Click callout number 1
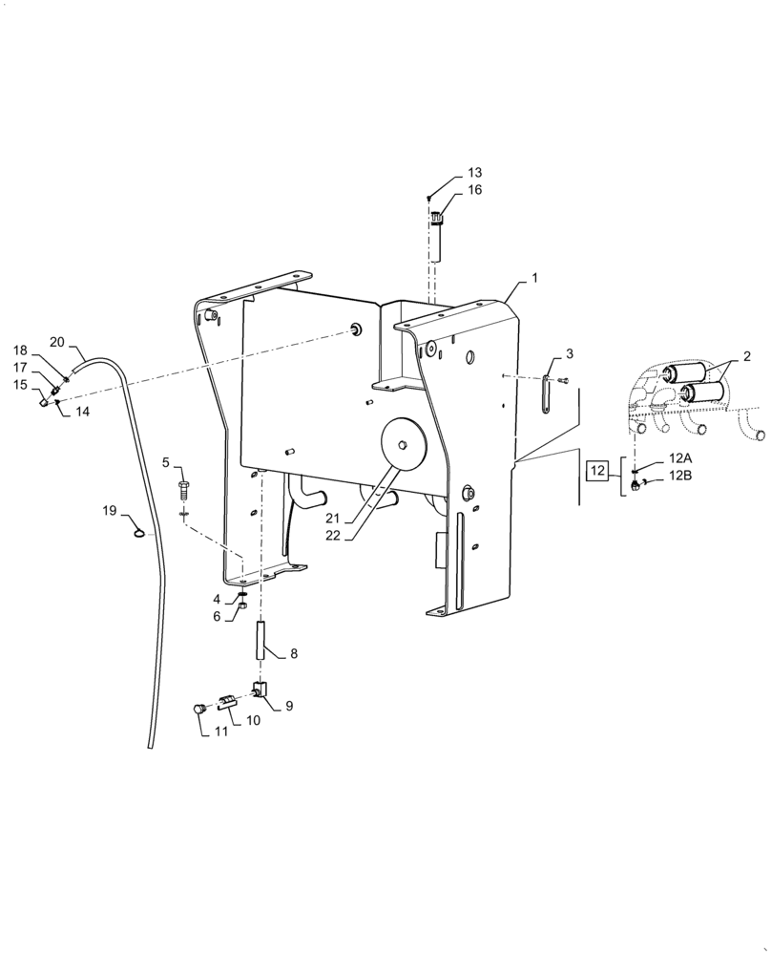[534, 277]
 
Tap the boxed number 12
[597, 470]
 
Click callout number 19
[110, 511]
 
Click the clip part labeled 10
[227, 703]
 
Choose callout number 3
[569, 354]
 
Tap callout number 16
[474, 190]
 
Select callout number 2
[746, 356]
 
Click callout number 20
[57, 342]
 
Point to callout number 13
[474, 173]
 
